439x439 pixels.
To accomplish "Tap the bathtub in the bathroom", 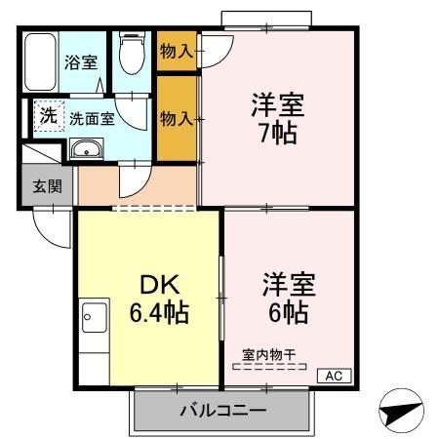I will point(40,62).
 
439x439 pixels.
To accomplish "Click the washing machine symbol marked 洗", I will point(47,116).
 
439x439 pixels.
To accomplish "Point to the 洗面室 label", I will point(92,118).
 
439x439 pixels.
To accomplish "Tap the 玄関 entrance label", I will point(47,185).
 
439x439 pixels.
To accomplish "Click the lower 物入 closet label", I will point(176,118).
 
